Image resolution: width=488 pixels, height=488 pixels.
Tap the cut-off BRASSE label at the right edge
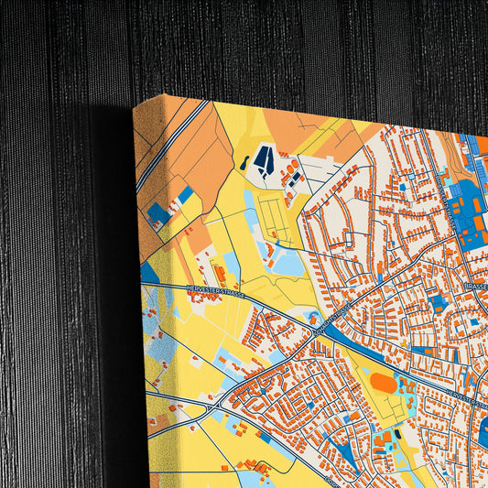[x=475, y=287]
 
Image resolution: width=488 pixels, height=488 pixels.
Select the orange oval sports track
[x=384, y=383]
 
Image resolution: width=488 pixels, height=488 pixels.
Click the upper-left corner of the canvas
[x=134, y=106]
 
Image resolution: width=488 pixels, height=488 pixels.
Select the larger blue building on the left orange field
[x=158, y=214]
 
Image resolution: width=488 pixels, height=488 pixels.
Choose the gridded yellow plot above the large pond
[x=274, y=216]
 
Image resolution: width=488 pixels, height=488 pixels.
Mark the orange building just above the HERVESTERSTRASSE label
[x=221, y=272]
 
